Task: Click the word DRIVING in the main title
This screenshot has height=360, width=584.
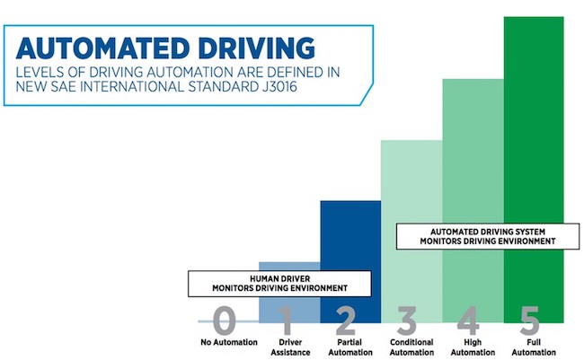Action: pos(257,48)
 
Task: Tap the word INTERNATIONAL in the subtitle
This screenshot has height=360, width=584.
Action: pos(132,86)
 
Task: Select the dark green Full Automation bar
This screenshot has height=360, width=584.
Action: pos(534,170)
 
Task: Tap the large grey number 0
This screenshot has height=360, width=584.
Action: pos(225,320)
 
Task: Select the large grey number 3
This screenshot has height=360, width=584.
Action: pos(407,320)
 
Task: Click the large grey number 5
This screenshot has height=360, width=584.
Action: pos(529,320)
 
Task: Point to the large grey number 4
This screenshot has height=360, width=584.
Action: pos(468,320)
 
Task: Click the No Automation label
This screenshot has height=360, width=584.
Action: pos(229,342)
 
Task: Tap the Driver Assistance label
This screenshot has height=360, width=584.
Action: pos(290,347)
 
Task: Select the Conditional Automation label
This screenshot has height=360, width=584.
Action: pos(411,347)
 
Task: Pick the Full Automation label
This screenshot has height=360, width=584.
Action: pos(534,347)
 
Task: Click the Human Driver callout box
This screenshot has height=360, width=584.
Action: pos(279,284)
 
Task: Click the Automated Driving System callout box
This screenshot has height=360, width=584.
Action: pos(488,236)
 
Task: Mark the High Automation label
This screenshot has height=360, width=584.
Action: pos(473,347)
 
